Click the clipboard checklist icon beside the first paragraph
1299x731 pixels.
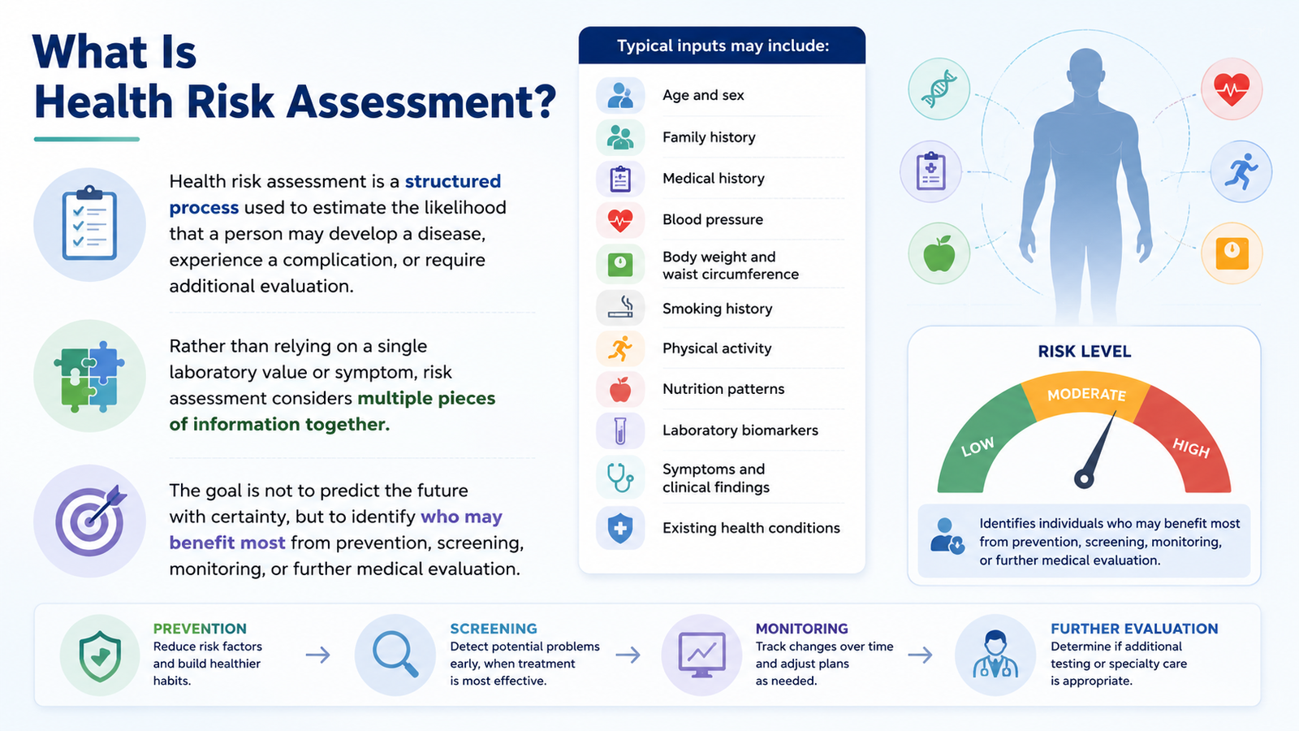(x=89, y=223)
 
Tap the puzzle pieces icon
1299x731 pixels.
(x=88, y=376)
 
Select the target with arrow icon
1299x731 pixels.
(x=90, y=520)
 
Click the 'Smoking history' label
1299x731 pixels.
(x=718, y=308)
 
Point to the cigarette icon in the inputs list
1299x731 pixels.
(x=620, y=308)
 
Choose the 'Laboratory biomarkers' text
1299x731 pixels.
(x=740, y=430)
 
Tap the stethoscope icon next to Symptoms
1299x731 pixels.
(x=620, y=478)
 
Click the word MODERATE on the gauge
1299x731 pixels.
(x=1086, y=395)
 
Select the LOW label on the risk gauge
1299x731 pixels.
(x=977, y=446)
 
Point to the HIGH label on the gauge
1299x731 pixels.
(x=1191, y=448)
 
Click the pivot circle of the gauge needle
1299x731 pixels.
(x=1083, y=478)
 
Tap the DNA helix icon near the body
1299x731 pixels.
(x=939, y=89)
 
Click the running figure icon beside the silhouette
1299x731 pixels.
(x=1241, y=171)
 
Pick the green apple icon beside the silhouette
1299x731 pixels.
(x=939, y=253)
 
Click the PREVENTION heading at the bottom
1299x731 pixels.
(x=200, y=629)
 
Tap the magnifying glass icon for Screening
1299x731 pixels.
(x=395, y=654)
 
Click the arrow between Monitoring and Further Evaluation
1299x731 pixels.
(x=920, y=655)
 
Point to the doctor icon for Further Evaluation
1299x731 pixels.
(x=995, y=655)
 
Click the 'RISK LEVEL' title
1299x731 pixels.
(x=1084, y=351)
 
